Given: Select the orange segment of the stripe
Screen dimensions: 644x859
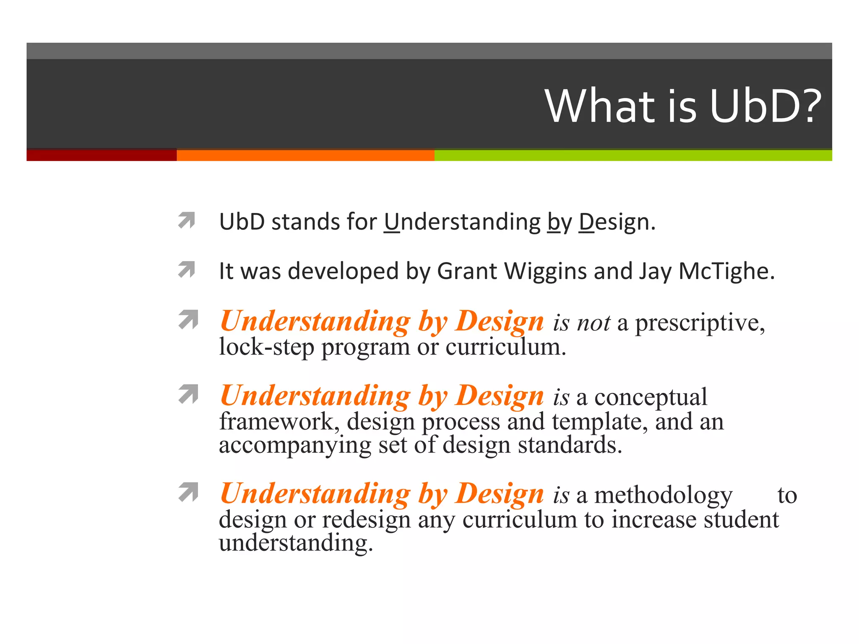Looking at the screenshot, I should pyautogui.click(x=305, y=155).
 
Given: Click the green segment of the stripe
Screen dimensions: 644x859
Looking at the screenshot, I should pyautogui.click(x=633, y=155).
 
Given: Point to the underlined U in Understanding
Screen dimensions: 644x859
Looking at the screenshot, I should pyautogui.click(x=392, y=222).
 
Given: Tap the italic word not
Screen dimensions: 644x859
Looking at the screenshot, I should pyautogui.click(x=593, y=323).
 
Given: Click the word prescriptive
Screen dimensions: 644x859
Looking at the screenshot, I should pyautogui.click(x=700, y=323).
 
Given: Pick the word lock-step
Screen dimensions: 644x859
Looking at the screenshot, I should pyautogui.click(x=266, y=347).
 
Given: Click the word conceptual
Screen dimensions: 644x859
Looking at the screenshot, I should pyautogui.click(x=651, y=397).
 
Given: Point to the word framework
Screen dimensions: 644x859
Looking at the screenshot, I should pyautogui.click(x=279, y=421).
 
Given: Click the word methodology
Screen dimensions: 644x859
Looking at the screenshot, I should pyautogui.click(x=663, y=495).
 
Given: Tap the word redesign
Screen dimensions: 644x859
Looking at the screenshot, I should pyautogui.click(x=366, y=519).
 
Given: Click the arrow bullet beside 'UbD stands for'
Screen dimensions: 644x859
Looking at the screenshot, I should pyautogui.click(x=187, y=220).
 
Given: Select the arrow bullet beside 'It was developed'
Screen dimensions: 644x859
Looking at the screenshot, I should pyautogui.click(x=187, y=270).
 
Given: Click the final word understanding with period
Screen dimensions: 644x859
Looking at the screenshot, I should pyautogui.click(x=296, y=543).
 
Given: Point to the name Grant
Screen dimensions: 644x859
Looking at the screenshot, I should pyautogui.click(x=466, y=271).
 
